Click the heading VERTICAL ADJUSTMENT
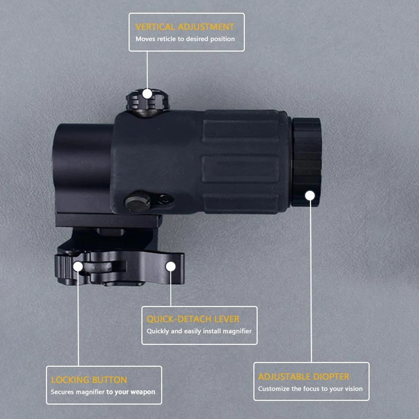pyautogui.click(x=185, y=27)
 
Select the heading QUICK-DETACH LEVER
pyautogui.click(x=193, y=319)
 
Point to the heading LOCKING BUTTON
pyautogui.click(x=89, y=380)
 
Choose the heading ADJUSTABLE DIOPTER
pyautogui.click(x=304, y=377)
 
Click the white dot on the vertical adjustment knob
pyautogui.click(x=147, y=94)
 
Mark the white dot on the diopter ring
pyautogui.click(x=310, y=196)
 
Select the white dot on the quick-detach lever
pyautogui.click(x=171, y=266)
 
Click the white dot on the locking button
pyautogui.click(x=78, y=266)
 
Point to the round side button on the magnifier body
pyautogui.click(x=138, y=201)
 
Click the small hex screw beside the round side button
pyautogui.click(x=165, y=199)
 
